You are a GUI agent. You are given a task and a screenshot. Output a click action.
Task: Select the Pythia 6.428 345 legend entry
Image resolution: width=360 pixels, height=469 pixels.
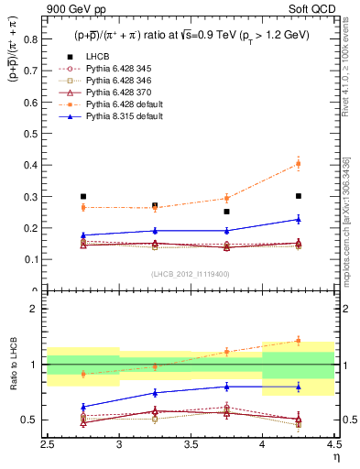point(115,69)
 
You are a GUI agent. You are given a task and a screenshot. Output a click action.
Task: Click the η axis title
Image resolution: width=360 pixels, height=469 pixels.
point(336,457)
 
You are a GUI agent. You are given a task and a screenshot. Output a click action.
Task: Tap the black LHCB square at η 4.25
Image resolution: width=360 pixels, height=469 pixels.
point(298,196)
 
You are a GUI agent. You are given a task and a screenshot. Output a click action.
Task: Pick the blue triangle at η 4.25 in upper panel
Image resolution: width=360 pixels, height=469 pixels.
point(298,219)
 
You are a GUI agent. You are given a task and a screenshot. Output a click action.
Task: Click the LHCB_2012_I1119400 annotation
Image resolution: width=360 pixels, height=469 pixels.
point(190,274)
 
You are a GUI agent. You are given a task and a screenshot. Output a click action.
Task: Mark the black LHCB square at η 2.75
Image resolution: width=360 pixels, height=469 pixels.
point(83,197)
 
